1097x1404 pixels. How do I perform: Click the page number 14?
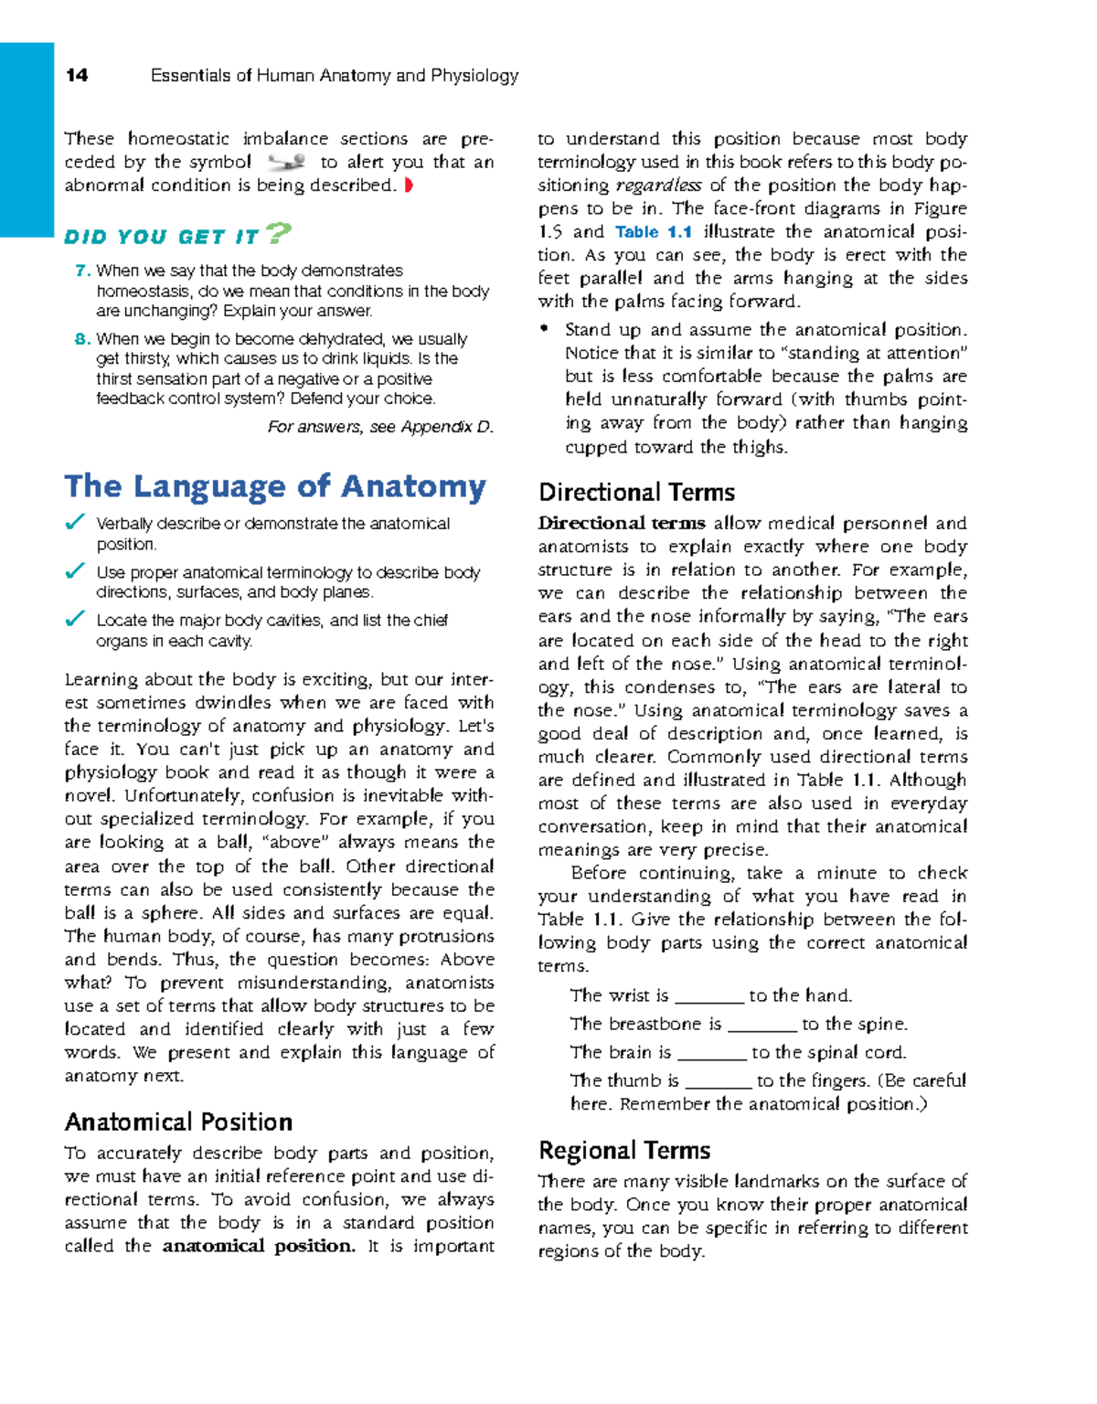point(77,76)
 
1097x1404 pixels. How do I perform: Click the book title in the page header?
point(335,76)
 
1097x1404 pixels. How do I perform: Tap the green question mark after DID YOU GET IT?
point(278,234)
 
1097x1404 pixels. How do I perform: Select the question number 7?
point(82,271)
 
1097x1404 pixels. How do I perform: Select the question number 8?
point(82,339)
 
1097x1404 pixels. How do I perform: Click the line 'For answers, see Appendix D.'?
point(380,427)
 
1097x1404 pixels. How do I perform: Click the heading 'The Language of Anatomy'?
point(275,486)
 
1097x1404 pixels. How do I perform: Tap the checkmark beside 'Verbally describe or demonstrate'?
point(75,523)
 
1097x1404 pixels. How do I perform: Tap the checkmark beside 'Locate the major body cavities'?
point(75,620)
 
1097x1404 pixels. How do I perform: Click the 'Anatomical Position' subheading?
point(179,1122)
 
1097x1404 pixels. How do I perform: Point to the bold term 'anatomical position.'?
point(259,1247)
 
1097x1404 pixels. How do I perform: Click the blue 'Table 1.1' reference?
point(654,232)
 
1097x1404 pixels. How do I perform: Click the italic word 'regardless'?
point(658,186)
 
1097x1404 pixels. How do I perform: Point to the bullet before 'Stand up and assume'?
point(545,329)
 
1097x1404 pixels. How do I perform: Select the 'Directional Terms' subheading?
point(637,493)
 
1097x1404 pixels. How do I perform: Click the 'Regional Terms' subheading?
point(624,1151)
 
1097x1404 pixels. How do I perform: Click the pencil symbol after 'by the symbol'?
point(286,163)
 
